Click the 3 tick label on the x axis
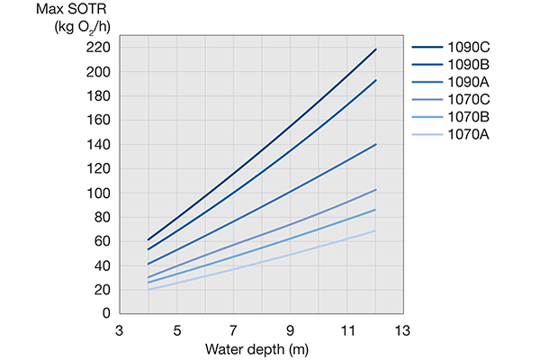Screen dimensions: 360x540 (x=121, y=329)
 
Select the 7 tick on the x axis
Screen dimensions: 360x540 (x=234, y=329)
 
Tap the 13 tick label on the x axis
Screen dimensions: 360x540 (x=402, y=329)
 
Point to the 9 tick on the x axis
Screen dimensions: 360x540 (x=291, y=329)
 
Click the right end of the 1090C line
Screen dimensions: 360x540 (x=375, y=49)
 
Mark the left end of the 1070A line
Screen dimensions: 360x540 (x=148, y=290)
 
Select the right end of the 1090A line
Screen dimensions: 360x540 (x=375, y=144)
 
